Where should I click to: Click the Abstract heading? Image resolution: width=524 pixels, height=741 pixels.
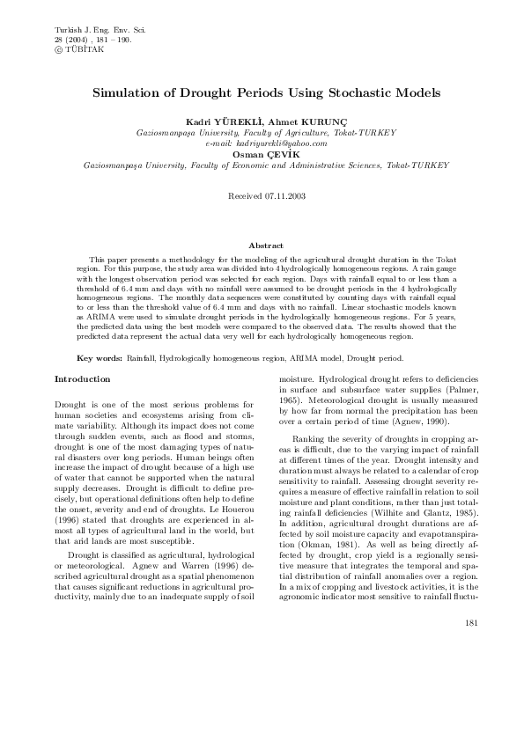(265, 246)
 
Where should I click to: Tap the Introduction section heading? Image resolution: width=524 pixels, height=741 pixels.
(83, 379)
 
